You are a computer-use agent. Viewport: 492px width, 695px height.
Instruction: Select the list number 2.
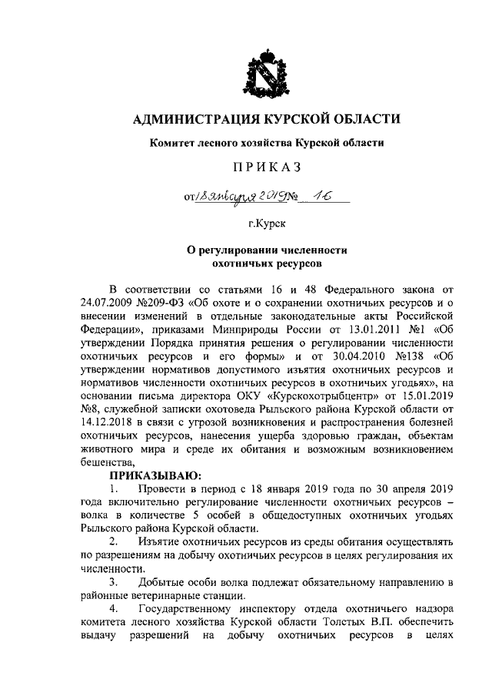click(x=114, y=542)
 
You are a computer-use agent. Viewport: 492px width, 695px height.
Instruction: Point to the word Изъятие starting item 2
click(x=158, y=542)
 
